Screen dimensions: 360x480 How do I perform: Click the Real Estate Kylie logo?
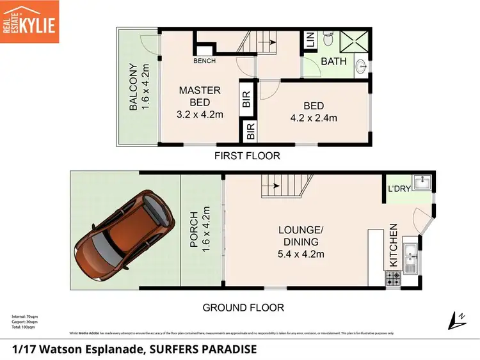pos(30,22)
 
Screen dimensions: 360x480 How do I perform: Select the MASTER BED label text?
pos(200,96)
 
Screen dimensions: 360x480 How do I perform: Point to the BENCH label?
pos(204,61)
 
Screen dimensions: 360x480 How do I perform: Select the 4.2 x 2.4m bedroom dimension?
pos(313,117)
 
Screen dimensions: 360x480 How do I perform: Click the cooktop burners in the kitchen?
pos(392,278)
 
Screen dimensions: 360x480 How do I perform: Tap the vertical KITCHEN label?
pos(393,245)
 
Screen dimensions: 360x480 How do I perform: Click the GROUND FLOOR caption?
pos(243,308)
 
